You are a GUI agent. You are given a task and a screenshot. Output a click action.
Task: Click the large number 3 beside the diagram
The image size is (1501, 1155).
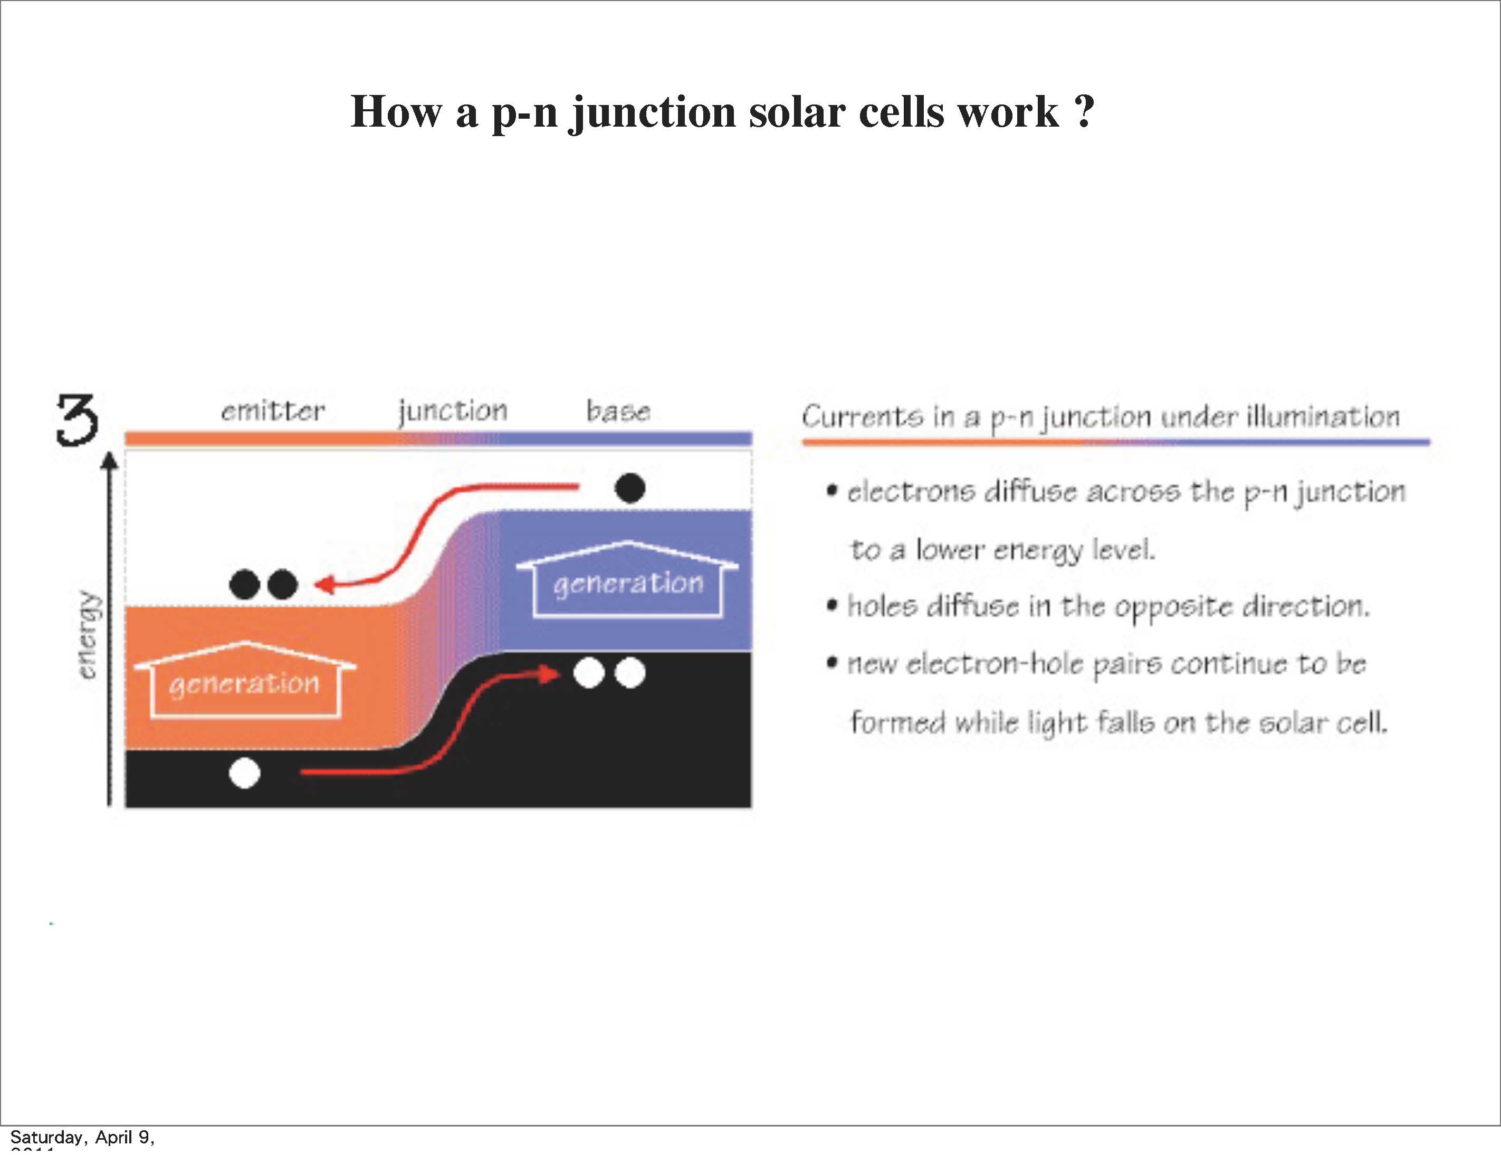pos(77,420)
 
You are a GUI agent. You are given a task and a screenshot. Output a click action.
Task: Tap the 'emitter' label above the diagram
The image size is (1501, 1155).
pos(273,411)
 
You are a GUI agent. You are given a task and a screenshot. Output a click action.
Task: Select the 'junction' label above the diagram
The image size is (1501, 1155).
pos(453,411)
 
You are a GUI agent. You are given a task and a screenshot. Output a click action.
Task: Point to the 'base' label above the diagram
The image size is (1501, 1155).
pos(618,411)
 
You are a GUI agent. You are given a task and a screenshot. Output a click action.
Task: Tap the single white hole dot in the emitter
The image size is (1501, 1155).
pos(245,773)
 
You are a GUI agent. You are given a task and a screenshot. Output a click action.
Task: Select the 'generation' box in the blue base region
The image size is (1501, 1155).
pos(627,583)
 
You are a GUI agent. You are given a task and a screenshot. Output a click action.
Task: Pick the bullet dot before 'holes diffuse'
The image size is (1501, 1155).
pos(833,606)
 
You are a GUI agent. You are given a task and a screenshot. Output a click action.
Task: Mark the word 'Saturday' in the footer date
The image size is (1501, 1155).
pos(45,1137)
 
